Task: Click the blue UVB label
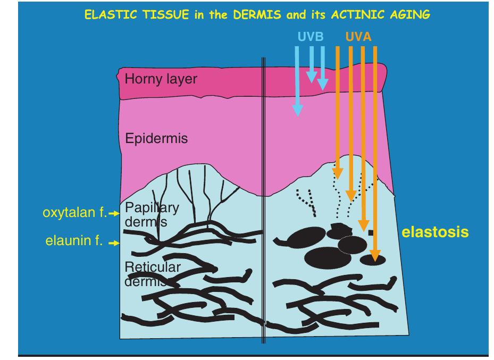pos(311,37)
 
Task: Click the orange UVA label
pos(358,37)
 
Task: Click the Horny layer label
pos(161,79)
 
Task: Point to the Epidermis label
pos(156,139)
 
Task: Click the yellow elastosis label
pos(435,232)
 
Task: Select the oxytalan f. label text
pos(74,213)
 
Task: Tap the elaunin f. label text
pos(74,241)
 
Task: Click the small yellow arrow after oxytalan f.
pos(114,214)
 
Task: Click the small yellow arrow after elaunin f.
pos(114,243)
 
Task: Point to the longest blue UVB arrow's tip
pos(298,116)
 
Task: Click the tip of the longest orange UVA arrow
pos(375,262)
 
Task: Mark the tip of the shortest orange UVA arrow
pos(338,180)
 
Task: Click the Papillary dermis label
pos(152,215)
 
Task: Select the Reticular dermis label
pos(153,274)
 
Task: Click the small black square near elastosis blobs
pos(371,233)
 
